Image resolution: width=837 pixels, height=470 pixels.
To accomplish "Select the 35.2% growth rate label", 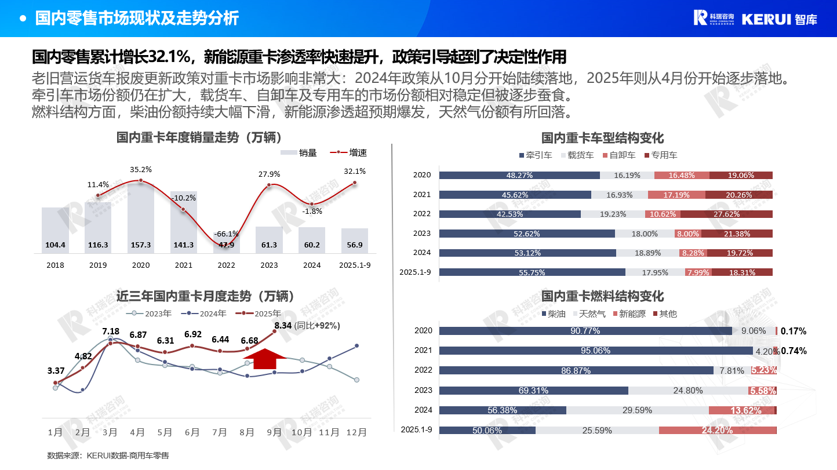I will coord(141,169).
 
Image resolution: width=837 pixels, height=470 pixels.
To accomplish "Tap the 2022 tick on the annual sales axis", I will coord(227,265).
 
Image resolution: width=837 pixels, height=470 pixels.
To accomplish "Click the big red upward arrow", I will coord(265,359).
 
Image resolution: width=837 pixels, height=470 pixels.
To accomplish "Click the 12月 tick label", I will coord(356,432).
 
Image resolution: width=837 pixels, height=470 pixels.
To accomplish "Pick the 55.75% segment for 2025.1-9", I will coord(532,272).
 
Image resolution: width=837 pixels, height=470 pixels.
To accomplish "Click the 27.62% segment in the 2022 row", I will coord(726,214).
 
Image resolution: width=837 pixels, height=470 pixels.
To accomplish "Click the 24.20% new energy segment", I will coord(717,430).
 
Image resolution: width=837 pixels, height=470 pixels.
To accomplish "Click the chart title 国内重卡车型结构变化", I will coord(602,138).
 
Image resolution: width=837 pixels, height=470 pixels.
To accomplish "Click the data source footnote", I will coord(108,456).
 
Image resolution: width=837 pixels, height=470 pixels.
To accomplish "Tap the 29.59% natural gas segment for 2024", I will coord(637,410).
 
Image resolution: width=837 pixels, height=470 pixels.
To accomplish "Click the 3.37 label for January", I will coord(56,370).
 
